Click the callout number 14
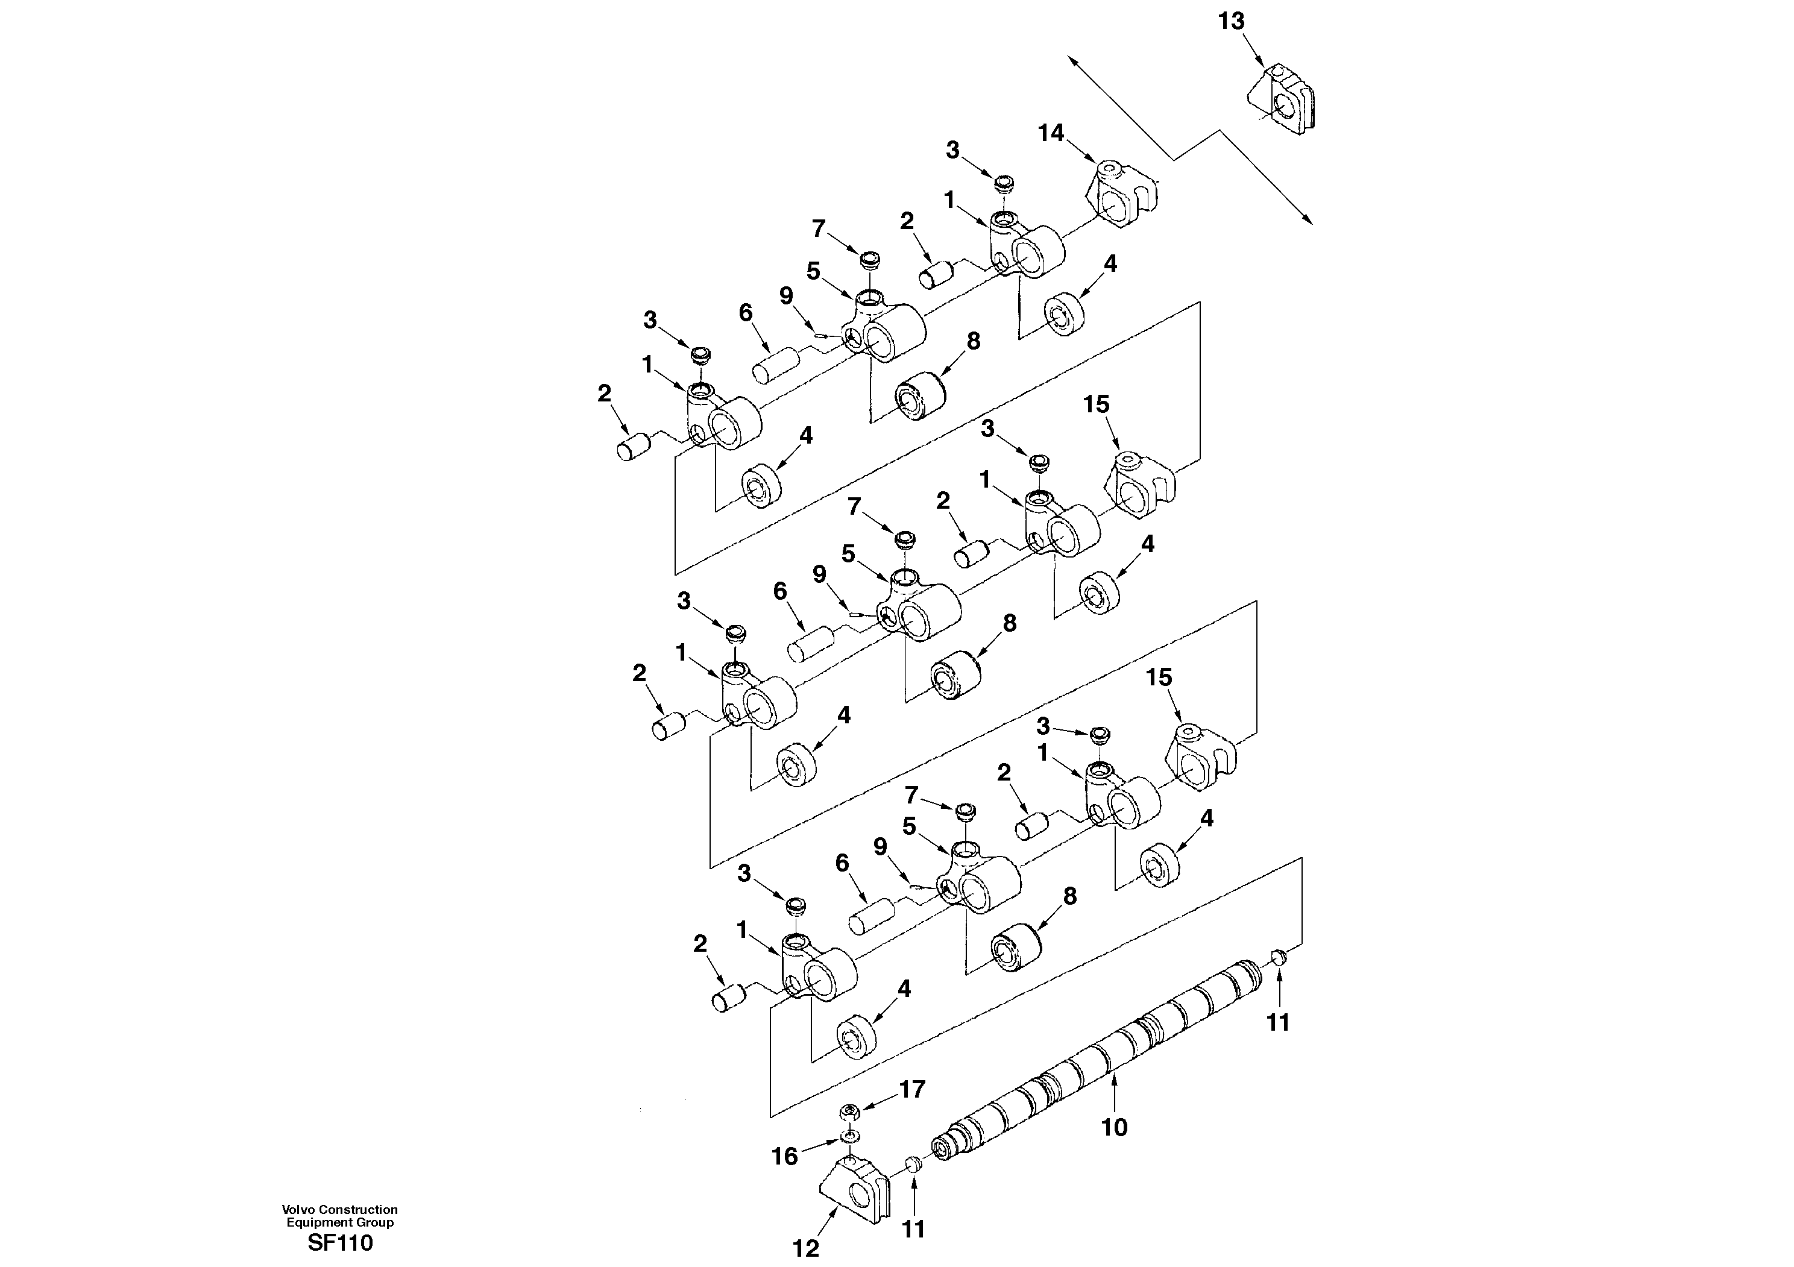[1051, 134]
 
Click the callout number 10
[1114, 1127]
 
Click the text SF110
[340, 1243]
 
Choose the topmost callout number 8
[973, 341]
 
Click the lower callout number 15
[1159, 678]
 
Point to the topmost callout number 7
[818, 229]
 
